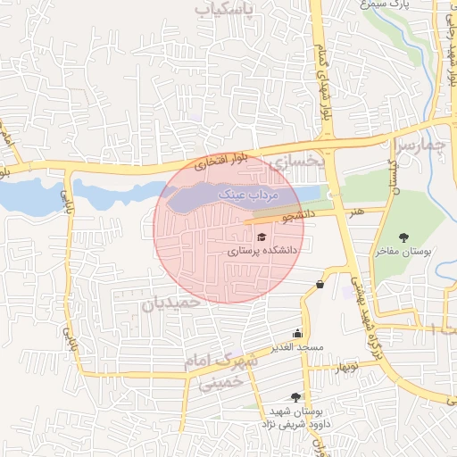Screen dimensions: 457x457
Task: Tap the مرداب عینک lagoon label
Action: coord(250,194)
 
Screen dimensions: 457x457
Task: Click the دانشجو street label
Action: coord(300,215)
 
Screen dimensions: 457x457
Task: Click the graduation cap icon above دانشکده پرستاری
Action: coord(262,237)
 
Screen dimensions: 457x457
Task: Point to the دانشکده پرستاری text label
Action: coord(262,252)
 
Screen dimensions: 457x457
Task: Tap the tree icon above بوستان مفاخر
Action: coord(405,237)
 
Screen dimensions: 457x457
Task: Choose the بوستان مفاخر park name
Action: coord(403,252)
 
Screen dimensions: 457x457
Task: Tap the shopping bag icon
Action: coord(320,285)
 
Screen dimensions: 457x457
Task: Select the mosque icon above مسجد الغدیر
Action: coord(297,333)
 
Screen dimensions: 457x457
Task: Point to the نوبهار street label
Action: coord(343,367)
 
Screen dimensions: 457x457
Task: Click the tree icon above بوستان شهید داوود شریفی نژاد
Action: coord(295,397)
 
